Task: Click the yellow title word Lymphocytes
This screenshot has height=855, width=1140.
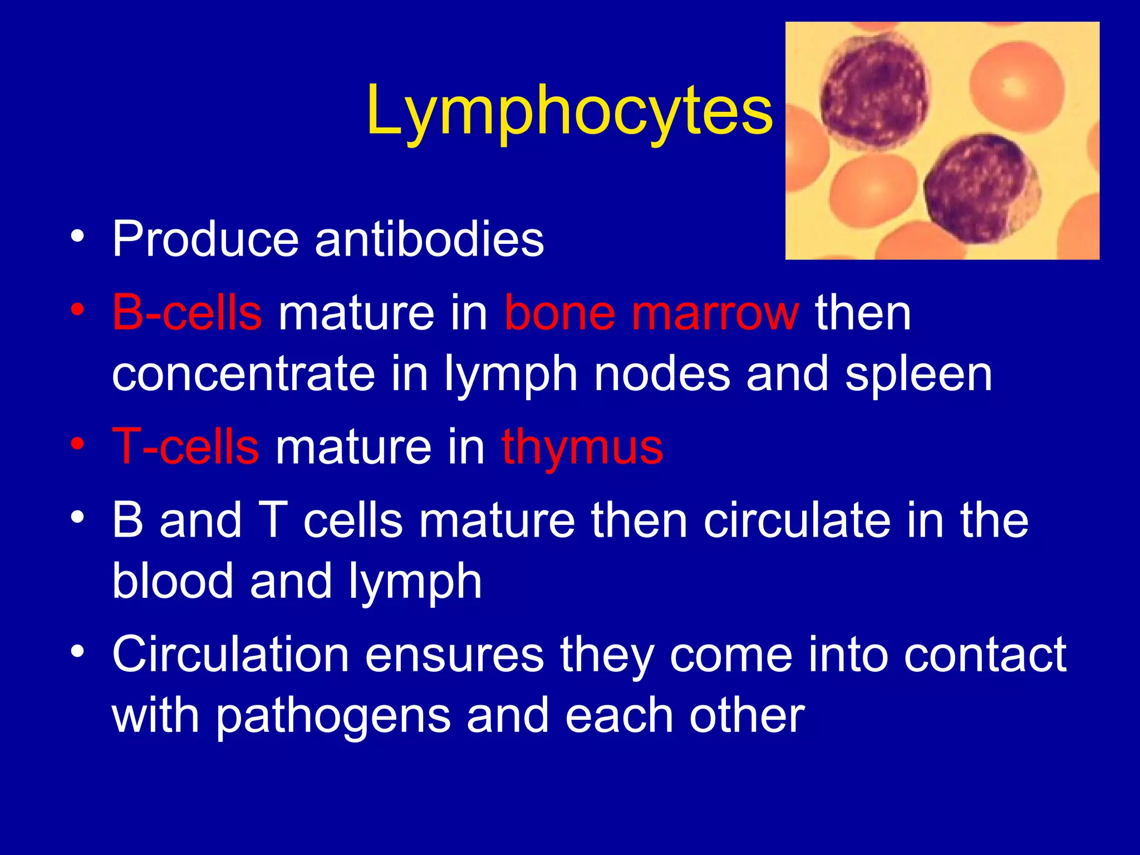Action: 569,111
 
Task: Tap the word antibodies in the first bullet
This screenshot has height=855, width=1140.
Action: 429,239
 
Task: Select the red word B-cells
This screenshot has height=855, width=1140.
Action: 187,313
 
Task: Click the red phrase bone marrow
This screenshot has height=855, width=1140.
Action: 652,313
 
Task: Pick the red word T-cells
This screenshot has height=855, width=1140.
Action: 186,446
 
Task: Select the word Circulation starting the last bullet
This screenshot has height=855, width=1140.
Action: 230,655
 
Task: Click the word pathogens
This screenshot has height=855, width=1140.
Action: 333,717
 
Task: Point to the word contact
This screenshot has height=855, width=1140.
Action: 985,655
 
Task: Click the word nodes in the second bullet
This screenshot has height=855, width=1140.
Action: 662,374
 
